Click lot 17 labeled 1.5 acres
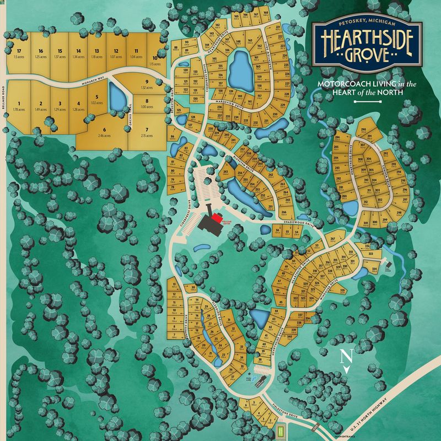(18, 53)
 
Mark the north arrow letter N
(346, 356)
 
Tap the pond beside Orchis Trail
(117, 97)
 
